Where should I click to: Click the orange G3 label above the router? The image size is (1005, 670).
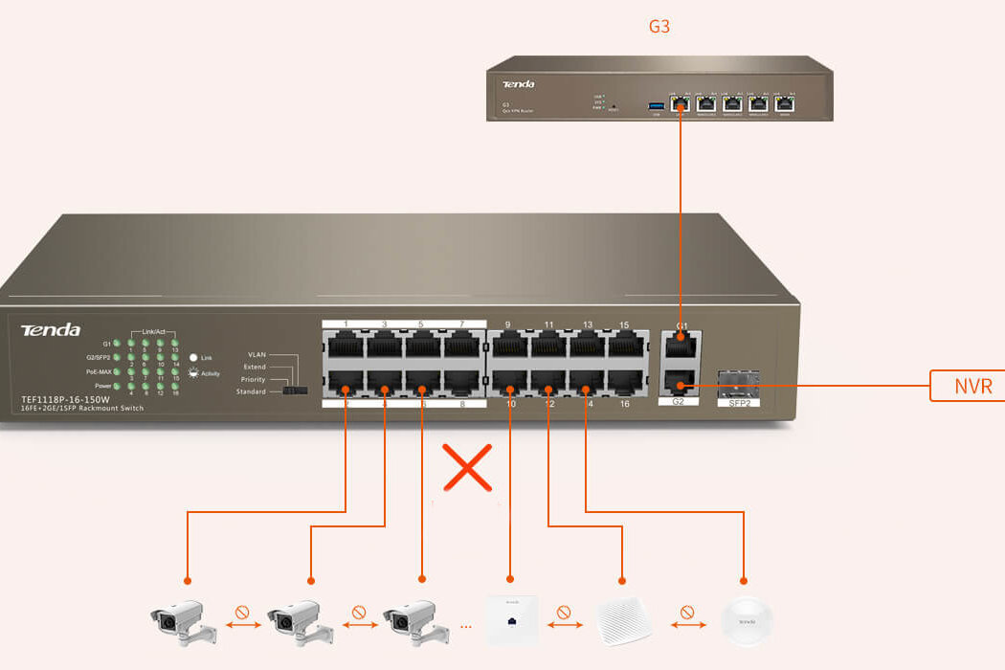coord(659,27)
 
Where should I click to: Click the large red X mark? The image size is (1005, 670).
coord(468,468)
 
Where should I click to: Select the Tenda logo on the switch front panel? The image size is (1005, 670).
coord(51,330)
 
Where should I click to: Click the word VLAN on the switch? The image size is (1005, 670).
coord(257,354)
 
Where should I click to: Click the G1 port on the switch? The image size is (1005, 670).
coord(681,347)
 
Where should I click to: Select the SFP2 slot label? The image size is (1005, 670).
coord(737,403)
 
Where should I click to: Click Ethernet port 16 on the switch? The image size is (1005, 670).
coord(625,383)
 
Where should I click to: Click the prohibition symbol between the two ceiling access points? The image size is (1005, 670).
coord(684,611)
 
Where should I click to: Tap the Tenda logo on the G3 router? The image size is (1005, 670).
coord(518,84)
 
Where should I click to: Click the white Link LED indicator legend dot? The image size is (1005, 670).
coord(193,357)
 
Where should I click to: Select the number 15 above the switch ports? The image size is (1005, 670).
coord(624,324)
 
